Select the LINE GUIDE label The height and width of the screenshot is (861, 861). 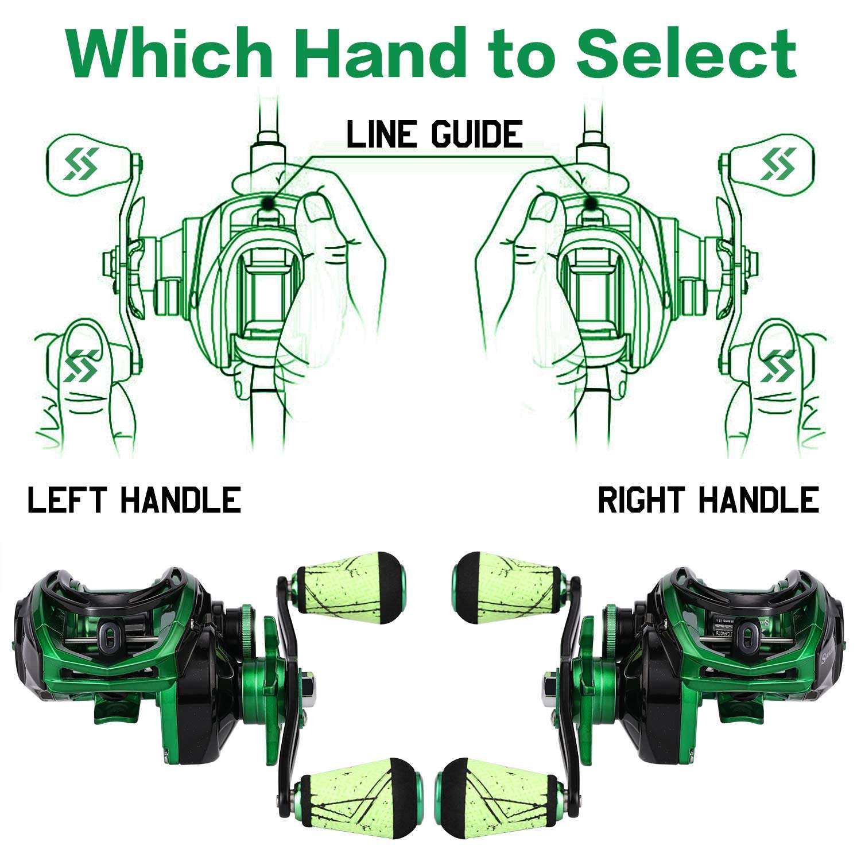tap(435, 134)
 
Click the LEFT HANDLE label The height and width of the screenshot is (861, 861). tap(134, 499)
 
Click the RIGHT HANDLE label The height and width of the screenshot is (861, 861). tap(708, 499)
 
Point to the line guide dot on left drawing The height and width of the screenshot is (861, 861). tap(267, 202)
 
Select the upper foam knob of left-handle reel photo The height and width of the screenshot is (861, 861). tap(350, 587)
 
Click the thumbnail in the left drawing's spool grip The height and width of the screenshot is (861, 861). tap(317, 207)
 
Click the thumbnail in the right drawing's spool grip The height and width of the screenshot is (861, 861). tap(542, 207)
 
